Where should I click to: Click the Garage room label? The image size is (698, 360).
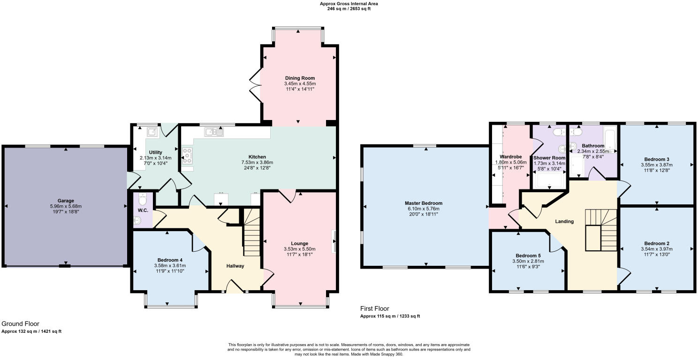pos(66,201)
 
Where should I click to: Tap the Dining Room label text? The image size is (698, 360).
pos(300,78)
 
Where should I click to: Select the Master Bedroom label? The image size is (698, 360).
pos(423,203)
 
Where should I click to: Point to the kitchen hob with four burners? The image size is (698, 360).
pos(187,155)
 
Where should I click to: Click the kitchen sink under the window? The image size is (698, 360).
pos(213,133)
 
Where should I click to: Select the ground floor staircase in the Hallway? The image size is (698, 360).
pos(252,233)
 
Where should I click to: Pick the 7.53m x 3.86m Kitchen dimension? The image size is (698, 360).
pos(257,162)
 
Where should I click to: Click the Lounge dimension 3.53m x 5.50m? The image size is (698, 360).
pos(299,249)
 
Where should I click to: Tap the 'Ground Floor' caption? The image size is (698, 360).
pos(20,323)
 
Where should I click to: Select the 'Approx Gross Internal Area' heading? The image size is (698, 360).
pos(349,4)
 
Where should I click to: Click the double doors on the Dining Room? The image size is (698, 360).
pos(256,84)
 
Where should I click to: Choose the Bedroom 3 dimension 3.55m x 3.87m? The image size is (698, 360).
pos(657,165)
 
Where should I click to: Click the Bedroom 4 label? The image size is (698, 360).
pos(170,260)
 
